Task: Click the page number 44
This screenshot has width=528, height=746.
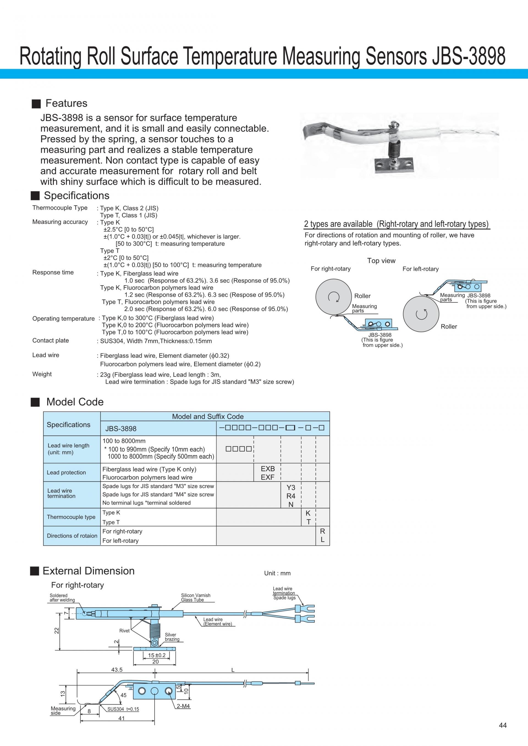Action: click(502, 725)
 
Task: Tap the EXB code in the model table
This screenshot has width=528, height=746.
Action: click(268, 468)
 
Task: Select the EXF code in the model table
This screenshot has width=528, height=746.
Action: click(268, 477)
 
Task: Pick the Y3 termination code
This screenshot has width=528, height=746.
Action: click(291, 487)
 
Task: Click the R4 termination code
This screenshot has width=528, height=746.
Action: click(291, 496)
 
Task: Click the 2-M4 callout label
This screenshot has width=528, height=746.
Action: click(183, 706)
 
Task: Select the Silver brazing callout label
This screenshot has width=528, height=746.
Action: click(172, 637)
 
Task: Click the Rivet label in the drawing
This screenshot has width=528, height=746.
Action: click(124, 631)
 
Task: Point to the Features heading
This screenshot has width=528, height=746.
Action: click(66, 103)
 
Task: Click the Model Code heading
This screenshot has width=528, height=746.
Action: click(75, 402)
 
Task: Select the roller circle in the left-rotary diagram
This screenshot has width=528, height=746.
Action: click(421, 314)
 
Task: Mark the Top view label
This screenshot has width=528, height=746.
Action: click(381, 260)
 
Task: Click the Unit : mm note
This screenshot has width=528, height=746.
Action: click(277, 573)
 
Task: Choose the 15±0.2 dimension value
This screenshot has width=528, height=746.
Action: click(157, 655)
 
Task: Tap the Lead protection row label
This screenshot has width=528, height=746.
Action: click(66, 472)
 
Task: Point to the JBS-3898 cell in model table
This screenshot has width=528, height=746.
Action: click(121, 429)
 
